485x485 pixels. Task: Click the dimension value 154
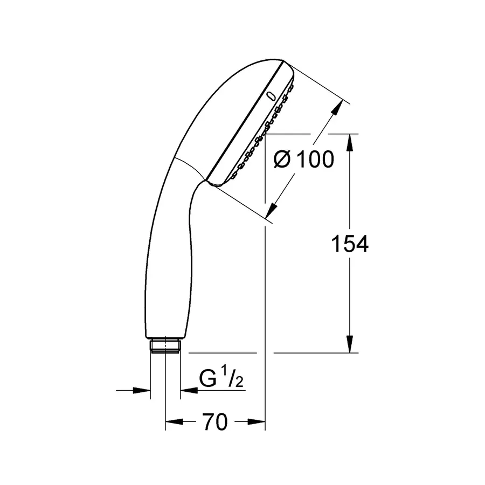pyautogui.click(x=349, y=244)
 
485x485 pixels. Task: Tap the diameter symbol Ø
pyautogui.click(x=282, y=160)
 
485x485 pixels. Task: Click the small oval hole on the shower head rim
pyautogui.click(x=271, y=96)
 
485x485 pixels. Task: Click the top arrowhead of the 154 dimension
pyautogui.click(x=350, y=142)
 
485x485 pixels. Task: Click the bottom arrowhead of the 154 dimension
pyautogui.click(x=350, y=345)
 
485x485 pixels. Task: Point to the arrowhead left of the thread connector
pyautogui.click(x=142, y=390)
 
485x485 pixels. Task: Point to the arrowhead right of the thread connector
pyautogui.click(x=186, y=390)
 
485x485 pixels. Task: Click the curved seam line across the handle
pyautogui.click(x=189, y=165)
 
